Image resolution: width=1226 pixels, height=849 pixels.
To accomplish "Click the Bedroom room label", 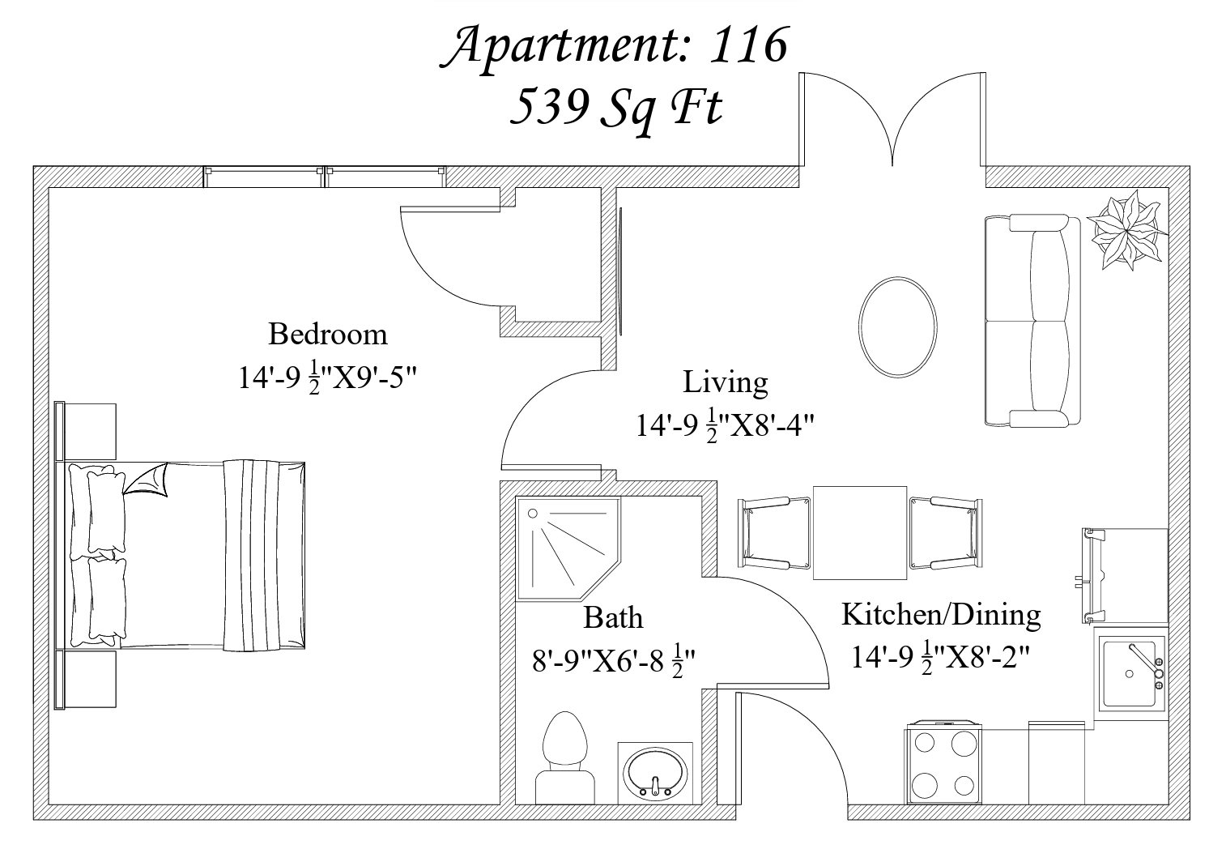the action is click(x=328, y=334).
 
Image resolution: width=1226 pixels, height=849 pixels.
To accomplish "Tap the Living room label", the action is click(x=726, y=382).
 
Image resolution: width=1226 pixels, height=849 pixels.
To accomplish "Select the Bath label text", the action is click(x=613, y=618).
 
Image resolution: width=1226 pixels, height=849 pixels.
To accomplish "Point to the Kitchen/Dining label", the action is click(x=941, y=615).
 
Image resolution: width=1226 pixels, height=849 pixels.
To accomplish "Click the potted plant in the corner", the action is click(x=1126, y=230).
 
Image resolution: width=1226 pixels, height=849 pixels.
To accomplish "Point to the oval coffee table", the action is click(x=897, y=327).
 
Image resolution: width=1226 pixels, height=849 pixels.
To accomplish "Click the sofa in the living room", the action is click(x=1032, y=320).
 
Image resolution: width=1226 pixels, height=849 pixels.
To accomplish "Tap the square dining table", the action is click(x=860, y=532).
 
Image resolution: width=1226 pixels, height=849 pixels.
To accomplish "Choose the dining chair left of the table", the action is click(x=774, y=532).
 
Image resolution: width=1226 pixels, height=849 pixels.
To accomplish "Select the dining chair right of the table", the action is click(x=946, y=532).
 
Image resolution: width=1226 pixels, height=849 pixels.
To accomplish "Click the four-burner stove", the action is click(x=944, y=763).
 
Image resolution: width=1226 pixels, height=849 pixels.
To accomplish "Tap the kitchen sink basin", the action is click(x=1130, y=674).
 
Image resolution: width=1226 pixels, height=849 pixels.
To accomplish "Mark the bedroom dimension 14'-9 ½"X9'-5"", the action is click(x=327, y=378).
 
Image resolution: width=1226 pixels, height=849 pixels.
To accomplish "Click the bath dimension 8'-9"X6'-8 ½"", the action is click(x=613, y=661).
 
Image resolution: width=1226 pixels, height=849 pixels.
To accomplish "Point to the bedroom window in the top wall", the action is click(x=325, y=177).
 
